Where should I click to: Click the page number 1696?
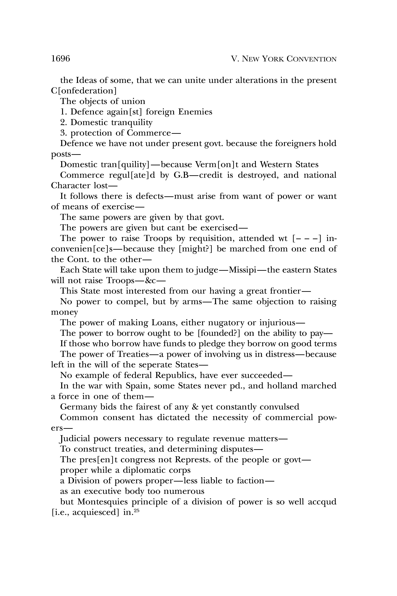point(61,59)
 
